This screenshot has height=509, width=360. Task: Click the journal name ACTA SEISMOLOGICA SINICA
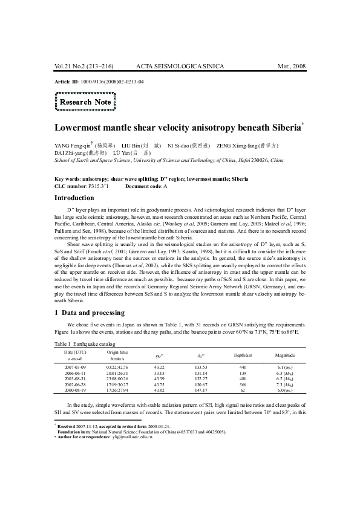(180, 65)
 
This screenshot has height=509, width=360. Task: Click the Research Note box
(85, 102)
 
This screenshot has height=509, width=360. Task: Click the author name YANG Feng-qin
(73, 146)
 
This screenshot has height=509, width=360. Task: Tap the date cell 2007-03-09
(76, 368)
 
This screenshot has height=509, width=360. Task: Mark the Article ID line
(99, 80)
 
